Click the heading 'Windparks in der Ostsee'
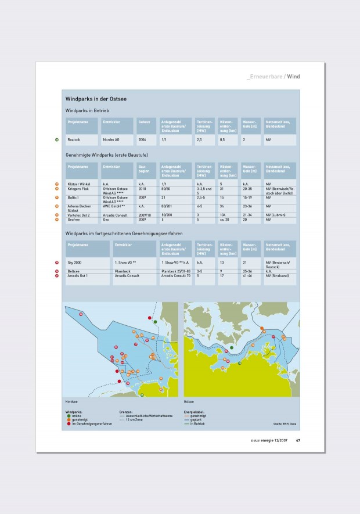[96, 99]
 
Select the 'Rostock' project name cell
[74, 140]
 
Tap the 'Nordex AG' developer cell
[111, 140]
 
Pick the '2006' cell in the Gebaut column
[143, 140]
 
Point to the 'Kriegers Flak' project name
[78, 189]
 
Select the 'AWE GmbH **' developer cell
[114, 206]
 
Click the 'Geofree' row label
[74, 220]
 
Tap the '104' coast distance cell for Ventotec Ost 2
[223, 215]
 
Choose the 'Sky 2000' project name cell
[74, 263]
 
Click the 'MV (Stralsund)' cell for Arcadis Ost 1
[277, 275]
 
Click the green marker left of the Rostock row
[57, 140]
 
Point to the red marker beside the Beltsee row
[57, 271]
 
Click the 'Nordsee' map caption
[71, 401]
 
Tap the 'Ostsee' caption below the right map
[189, 401]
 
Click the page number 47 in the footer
[298, 440]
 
